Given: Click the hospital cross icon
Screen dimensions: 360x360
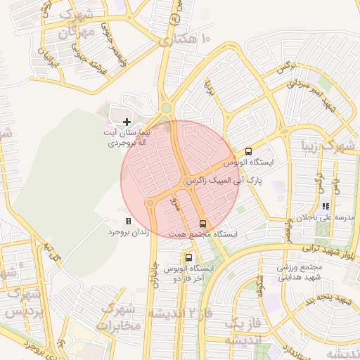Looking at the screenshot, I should pos(127,122).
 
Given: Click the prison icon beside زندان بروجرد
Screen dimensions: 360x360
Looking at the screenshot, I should pos(128,221).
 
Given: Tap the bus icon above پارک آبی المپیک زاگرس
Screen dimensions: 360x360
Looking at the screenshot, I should pos(248,151).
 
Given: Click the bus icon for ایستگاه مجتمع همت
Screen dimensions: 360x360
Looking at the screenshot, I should pos(203,224).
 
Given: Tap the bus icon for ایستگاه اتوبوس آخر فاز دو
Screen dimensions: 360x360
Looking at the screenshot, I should pos(188,257).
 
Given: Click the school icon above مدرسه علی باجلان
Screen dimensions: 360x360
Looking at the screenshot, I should pos(325,207).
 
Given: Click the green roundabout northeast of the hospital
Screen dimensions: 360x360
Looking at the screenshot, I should pos(166,108).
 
